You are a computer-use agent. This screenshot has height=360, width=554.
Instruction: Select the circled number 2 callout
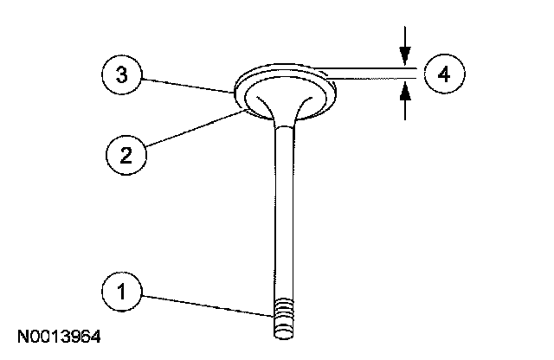coord(126,155)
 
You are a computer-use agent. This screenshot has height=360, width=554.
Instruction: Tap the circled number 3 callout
coord(123,75)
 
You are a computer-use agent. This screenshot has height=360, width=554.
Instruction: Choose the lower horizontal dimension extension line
coord(372,80)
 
